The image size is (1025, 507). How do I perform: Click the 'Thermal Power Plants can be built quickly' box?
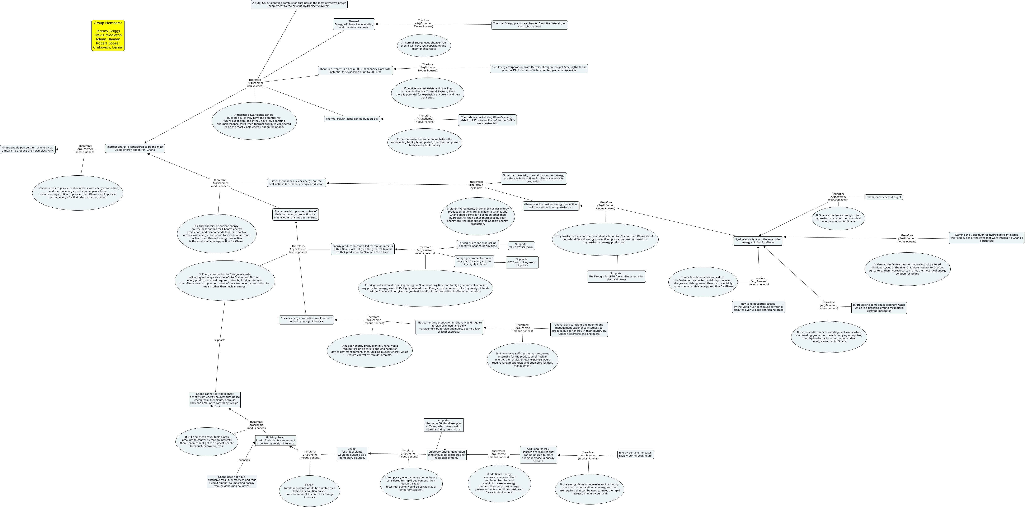pyautogui.click(x=352, y=119)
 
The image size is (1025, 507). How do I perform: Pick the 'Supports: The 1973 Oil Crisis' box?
pyautogui.click(x=521, y=246)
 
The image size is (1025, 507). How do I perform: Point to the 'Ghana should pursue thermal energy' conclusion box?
pyautogui.click(x=28, y=149)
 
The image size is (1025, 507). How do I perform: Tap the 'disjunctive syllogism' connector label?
pyautogui.click(x=476, y=185)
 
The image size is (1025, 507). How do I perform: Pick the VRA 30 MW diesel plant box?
pyautogui.click(x=443, y=425)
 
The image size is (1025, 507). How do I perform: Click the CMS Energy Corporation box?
pyautogui.click(x=539, y=69)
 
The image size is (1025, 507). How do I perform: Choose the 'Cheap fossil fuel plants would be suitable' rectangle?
pyautogui.click(x=352, y=453)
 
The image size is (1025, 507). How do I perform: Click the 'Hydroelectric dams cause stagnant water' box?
pyautogui.click(x=879, y=308)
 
